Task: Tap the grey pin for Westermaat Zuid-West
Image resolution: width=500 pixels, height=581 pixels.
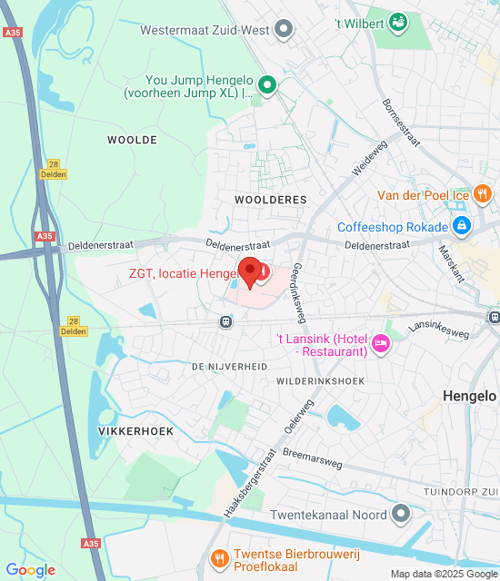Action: [285, 30]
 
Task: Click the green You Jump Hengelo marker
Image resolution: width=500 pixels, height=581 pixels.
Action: [266, 86]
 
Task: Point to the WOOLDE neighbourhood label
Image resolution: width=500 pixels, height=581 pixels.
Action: [132, 140]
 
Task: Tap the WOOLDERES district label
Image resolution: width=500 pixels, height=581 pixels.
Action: [270, 199]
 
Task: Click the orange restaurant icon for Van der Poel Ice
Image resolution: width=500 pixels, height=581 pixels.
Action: [483, 193]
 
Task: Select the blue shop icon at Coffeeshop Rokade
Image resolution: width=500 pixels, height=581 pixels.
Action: [462, 226]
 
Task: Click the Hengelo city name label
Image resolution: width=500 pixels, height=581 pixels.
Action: [470, 396]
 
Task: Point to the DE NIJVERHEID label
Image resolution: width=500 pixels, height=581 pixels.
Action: [229, 366]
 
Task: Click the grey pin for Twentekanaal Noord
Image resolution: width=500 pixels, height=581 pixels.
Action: [401, 514]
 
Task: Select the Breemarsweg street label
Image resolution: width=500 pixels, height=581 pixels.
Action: [313, 458]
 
